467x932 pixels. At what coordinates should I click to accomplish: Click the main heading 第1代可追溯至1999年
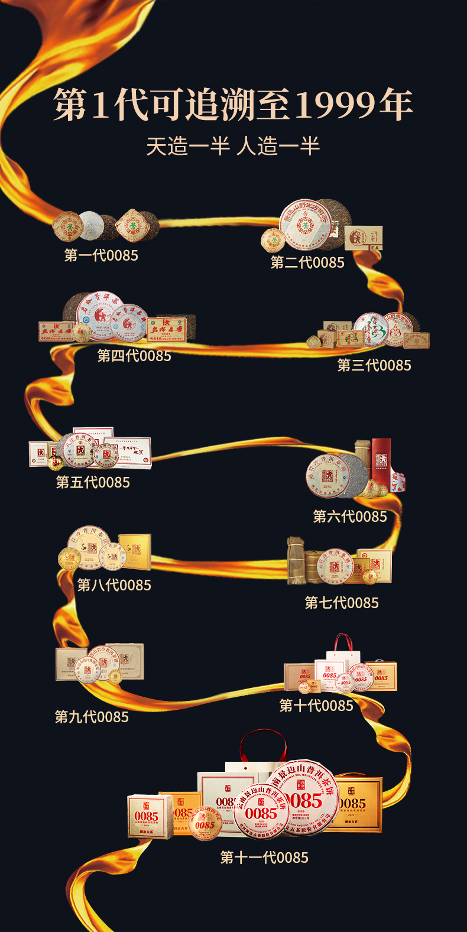(233, 105)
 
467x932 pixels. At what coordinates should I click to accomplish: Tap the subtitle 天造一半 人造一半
(233, 146)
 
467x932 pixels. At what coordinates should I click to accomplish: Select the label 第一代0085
(101, 255)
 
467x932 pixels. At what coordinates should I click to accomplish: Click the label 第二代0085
(307, 262)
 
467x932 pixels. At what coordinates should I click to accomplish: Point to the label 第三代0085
(374, 365)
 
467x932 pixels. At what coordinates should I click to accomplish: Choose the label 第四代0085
(134, 356)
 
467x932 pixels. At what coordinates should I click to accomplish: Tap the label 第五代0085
(93, 482)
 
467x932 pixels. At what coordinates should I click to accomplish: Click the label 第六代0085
(350, 517)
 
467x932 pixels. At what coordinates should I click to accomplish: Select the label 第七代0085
(342, 603)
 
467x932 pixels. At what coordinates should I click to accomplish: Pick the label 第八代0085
(114, 585)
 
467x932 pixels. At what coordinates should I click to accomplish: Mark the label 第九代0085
(92, 717)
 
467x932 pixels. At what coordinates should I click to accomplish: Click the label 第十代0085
(316, 706)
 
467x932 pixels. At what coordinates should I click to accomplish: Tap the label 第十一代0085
(264, 858)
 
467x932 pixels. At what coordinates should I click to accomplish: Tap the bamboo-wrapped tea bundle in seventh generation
(297, 561)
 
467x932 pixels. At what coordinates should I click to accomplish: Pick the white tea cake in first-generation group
(92, 225)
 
